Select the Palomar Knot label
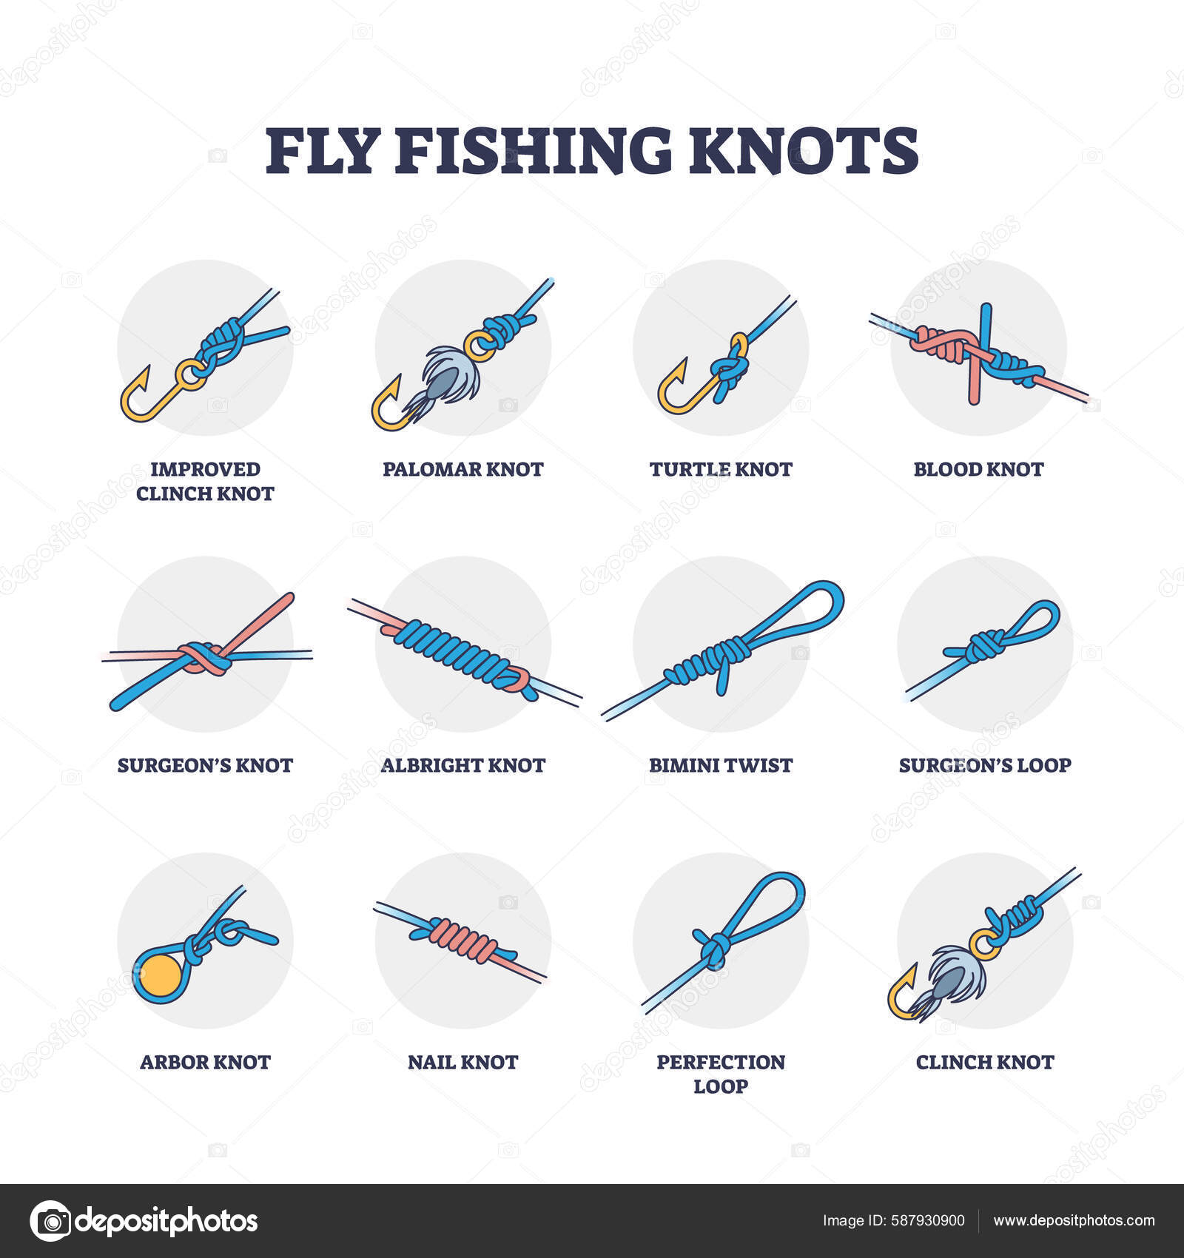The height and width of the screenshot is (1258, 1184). click(x=462, y=469)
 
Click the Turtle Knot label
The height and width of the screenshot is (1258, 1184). click(x=721, y=469)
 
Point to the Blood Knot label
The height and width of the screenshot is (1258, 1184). click(x=978, y=469)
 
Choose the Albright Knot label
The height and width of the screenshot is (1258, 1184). click(x=462, y=765)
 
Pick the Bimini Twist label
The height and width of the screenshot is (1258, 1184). click(x=721, y=765)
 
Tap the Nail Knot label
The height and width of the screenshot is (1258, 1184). click(x=462, y=1062)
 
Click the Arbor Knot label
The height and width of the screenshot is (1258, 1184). click(x=205, y=1062)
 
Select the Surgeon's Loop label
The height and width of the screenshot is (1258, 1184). click(x=985, y=765)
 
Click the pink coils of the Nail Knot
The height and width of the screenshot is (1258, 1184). click(x=459, y=938)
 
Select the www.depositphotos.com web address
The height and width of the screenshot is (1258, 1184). click(x=1074, y=1221)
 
